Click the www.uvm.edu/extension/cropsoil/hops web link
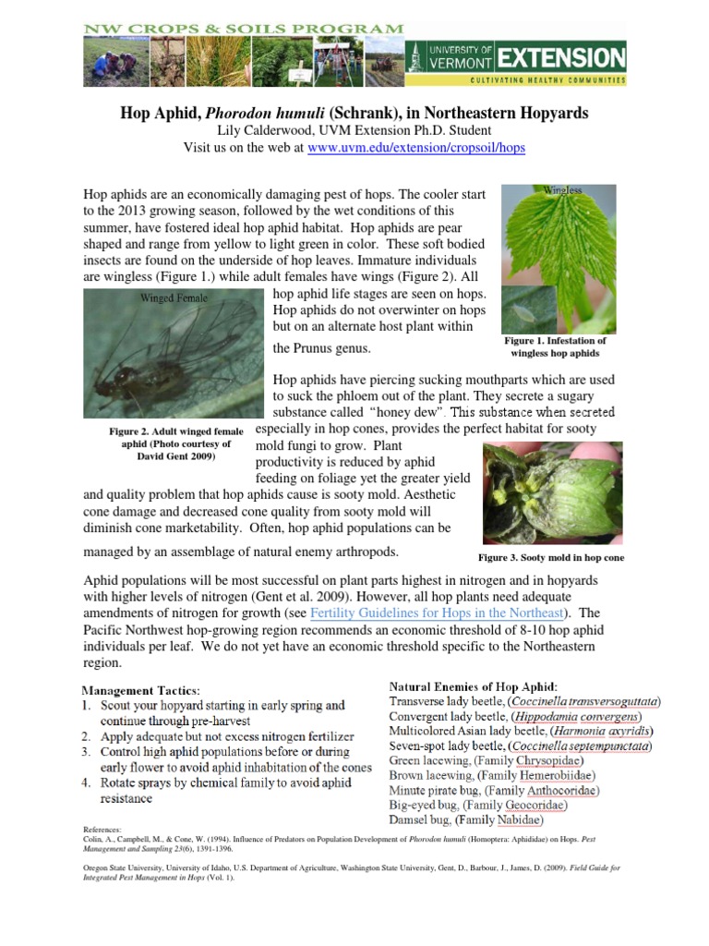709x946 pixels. coord(416,148)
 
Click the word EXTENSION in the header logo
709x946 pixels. coord(559,58)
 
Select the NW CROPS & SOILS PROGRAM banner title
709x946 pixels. coord(244,29)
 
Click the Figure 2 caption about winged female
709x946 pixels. coord(176,443)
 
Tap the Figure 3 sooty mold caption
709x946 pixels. coord(550,558)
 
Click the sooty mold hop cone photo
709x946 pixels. coord(552,492)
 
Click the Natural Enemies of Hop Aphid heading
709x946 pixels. coord(473,686)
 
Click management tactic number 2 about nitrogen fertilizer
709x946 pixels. coord(218,736)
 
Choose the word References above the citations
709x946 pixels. coord(102,831)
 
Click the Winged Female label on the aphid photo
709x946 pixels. coord(174,297)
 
